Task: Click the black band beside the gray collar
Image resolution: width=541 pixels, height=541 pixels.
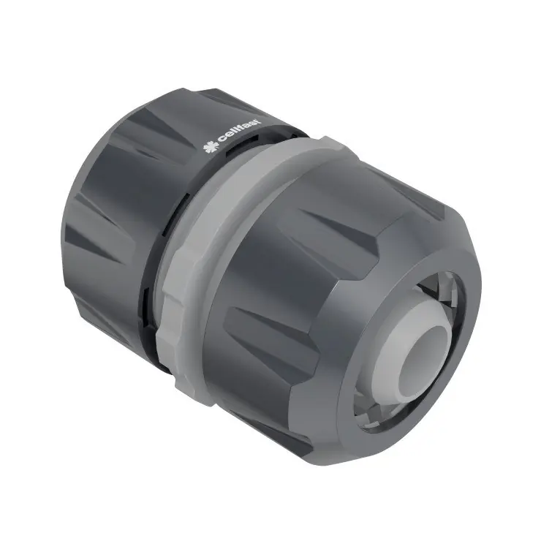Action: [150, 292]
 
